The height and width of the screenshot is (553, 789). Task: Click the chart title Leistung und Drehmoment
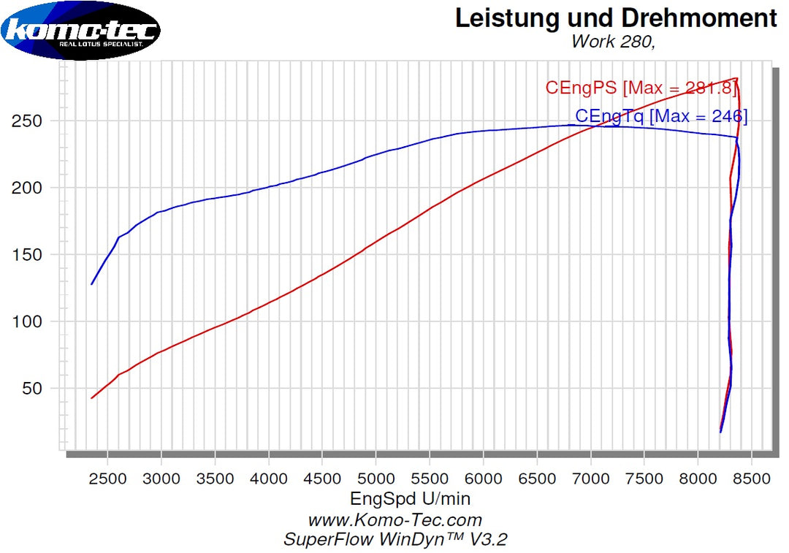pos(616,18)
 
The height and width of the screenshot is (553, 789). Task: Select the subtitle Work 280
pos(613,42)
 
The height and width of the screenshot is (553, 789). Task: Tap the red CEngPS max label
pos(641,88)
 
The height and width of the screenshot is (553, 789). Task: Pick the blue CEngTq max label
pos(661,116)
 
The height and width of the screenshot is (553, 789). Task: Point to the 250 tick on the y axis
pos(26,121)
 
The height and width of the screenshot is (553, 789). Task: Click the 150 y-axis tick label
pos(26,255)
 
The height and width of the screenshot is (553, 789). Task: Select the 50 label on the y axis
pos(31,389)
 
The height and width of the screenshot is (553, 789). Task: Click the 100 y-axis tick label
pos(26,322)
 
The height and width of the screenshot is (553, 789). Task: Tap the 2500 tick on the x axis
pos(107,478)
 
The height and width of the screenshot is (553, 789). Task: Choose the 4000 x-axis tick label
pos(269,478)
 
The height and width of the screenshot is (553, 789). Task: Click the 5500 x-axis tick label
pos(430,478)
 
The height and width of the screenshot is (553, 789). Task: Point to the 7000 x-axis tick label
pos(591,478)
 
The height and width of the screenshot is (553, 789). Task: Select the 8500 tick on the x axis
pos(752,478)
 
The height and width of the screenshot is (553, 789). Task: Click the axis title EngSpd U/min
pos(411,499)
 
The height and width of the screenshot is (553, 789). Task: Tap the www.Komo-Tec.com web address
pos(394,520)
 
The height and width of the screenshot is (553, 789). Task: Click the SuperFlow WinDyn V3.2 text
pos(394,540)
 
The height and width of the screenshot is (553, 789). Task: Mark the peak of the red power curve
pos(736,78)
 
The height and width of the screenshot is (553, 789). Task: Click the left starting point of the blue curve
pos(91,284)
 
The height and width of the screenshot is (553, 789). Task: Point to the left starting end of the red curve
pos(91,398)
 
